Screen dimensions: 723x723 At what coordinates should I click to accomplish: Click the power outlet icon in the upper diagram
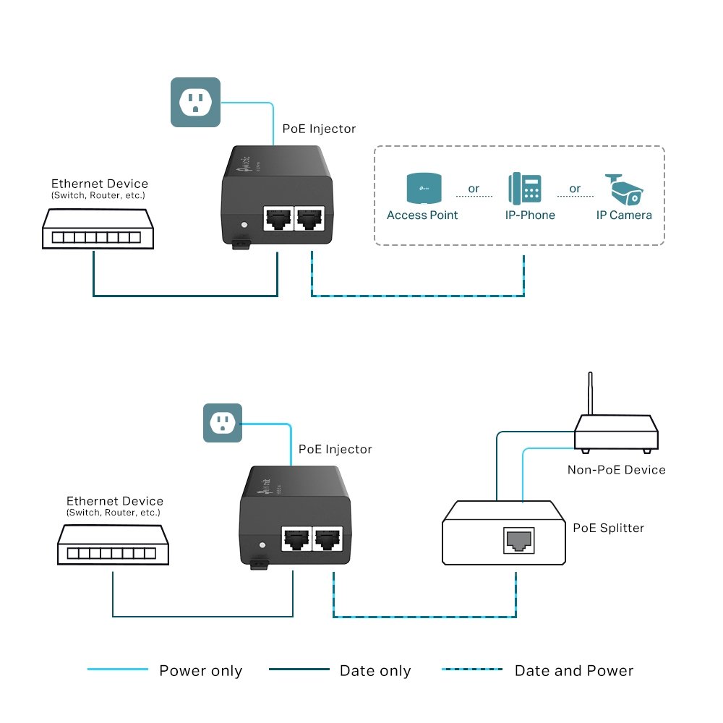point(194,102)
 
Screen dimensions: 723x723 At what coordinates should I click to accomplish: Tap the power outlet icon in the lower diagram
point(222,423)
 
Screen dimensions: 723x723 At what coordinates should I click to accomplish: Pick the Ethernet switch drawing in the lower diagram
point(113,544)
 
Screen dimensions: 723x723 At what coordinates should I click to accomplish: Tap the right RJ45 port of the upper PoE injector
point(310,217)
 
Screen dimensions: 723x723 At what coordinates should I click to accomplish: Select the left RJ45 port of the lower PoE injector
point(295,539)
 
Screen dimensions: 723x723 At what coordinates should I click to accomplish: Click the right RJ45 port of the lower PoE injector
point(328,539)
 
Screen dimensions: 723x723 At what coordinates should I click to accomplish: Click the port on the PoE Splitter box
point(517,539)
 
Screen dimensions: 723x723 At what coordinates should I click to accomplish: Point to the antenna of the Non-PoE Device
point(590,394)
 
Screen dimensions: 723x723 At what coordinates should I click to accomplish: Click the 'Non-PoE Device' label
point(616,470)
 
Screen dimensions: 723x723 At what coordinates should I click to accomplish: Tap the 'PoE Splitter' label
point(608,528)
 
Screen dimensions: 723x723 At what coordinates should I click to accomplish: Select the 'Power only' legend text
point(200,671)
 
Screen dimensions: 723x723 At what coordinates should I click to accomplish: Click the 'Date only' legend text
point(375,671)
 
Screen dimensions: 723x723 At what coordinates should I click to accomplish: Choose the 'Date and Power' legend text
point(573,671)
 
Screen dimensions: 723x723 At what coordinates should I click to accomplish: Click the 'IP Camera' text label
point(623,215)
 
